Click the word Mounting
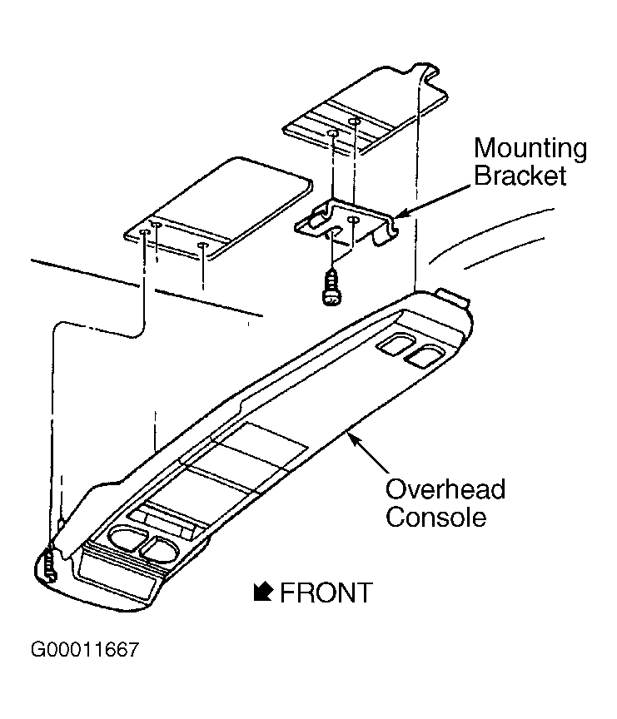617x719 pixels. (530, 149)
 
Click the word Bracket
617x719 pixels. (520, 176)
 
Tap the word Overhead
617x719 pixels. (445, 489)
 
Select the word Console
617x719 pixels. (435, 517)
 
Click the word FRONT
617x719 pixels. (326, 593)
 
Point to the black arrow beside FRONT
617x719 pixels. (263, 592)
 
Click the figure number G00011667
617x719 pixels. (85, 650)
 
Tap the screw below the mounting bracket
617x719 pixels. (331, 287)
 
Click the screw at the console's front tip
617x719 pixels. (51, 565)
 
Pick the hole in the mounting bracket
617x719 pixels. (353, 220)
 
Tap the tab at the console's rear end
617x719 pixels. (454, 297)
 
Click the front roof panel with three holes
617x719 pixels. (218, 208)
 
